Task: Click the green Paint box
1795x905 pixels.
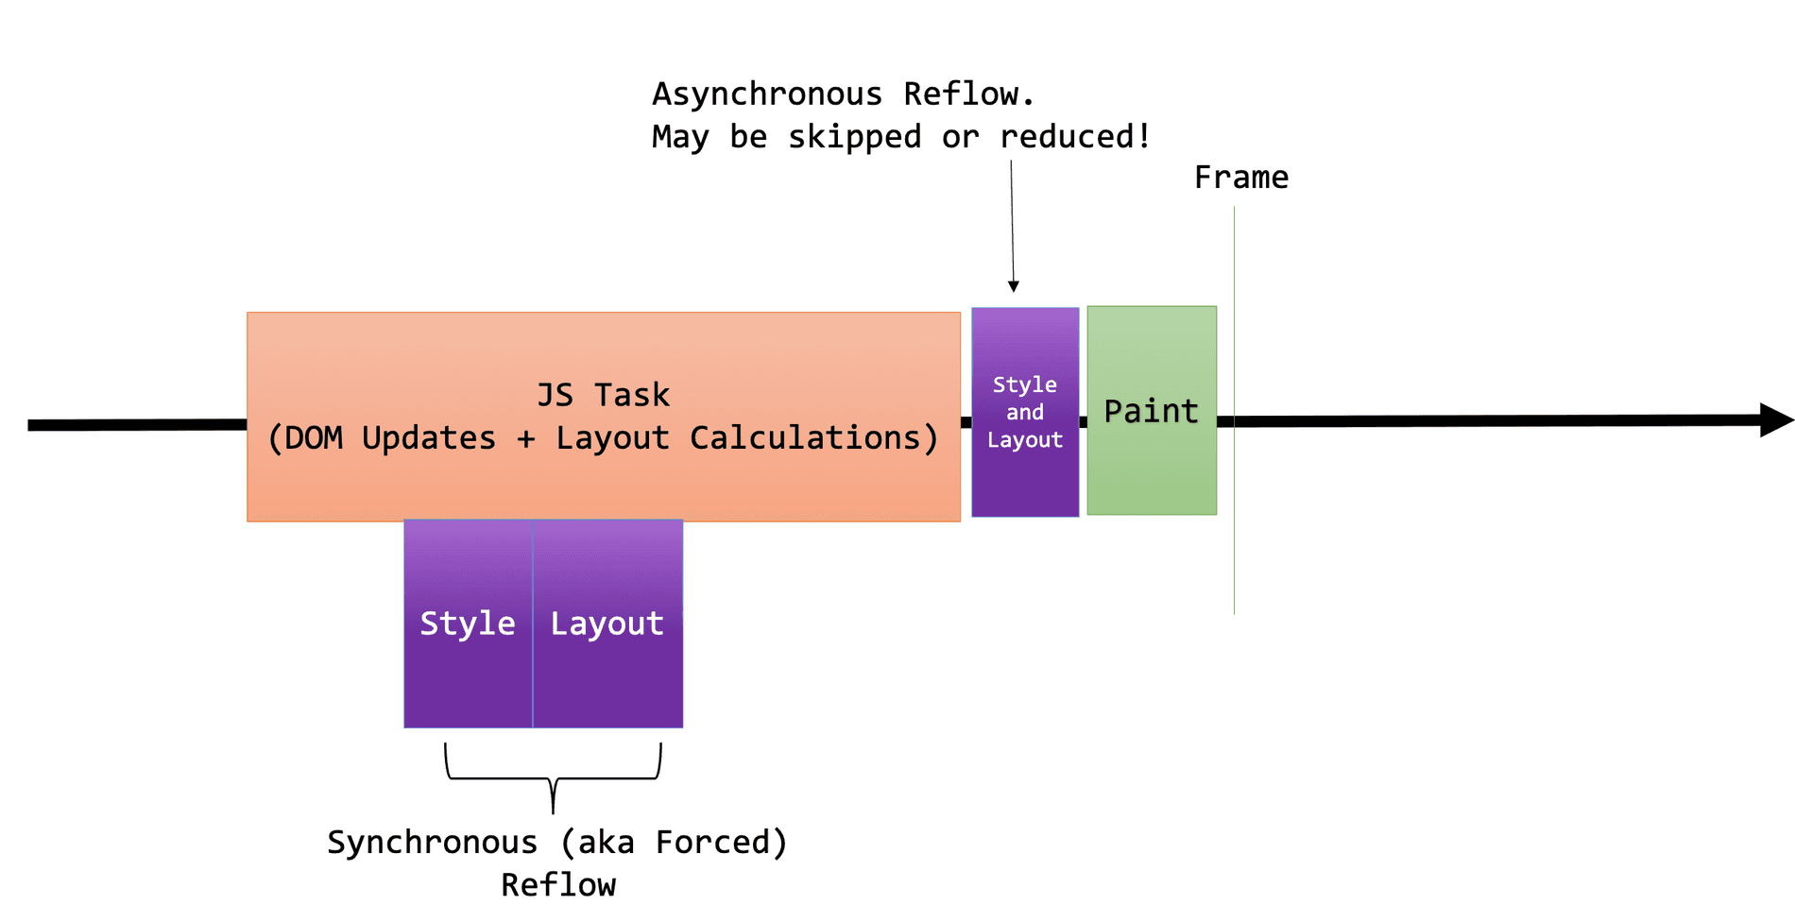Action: tap(1152, 411)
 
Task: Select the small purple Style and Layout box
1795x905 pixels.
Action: tap(1025, 413)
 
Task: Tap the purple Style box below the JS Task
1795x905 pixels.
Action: tap(468, 623)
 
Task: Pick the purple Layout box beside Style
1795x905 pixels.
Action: tap(607, 623)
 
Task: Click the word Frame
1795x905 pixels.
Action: tap(1240, 178)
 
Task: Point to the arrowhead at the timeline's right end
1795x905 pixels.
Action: tap(1776, 420)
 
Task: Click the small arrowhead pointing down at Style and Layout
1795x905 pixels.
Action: tap(1014, 286)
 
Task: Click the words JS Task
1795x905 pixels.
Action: tap(603, 395)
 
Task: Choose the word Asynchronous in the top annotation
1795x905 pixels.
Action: tap(766, 94)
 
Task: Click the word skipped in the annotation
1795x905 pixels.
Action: tap(854, 137)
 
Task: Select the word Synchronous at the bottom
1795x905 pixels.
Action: tap(432, 843)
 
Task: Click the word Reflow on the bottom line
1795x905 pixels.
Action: tap(557, 885)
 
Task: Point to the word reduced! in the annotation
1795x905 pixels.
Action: tap(1075, 137)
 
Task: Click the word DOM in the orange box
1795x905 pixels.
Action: tap(314, 438)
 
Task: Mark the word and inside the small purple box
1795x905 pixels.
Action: tap(1025, 413)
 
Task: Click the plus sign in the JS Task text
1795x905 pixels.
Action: tap(526, 438)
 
